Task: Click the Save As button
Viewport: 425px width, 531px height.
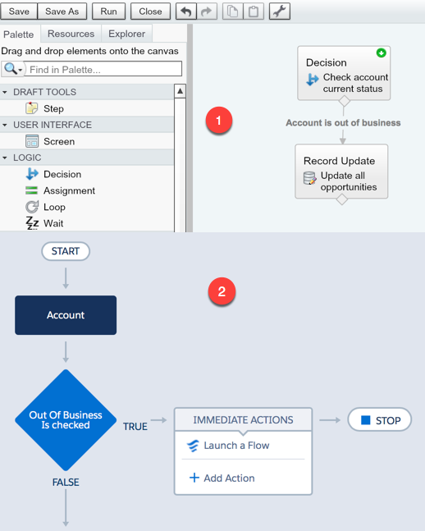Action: coord(62,11)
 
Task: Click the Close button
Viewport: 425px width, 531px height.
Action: coord(150,11)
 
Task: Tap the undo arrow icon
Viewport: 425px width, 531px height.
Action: coord(186,11)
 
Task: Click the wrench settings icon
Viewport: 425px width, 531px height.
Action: coord(280,11)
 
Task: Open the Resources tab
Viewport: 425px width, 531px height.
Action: coord(71,34)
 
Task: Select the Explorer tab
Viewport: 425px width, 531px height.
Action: coord(126,34)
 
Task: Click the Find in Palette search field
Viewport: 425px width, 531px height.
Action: coord(104,70)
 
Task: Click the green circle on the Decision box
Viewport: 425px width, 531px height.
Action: coord(382,53)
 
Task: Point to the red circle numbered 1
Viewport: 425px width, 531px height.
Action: coord(219,121)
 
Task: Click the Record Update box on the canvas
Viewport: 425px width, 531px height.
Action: coord(341,172)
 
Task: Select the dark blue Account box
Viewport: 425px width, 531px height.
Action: coord(66,315)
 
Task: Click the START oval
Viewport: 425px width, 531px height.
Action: coord(66,251)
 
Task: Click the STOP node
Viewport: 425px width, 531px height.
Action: coord(380,420)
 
